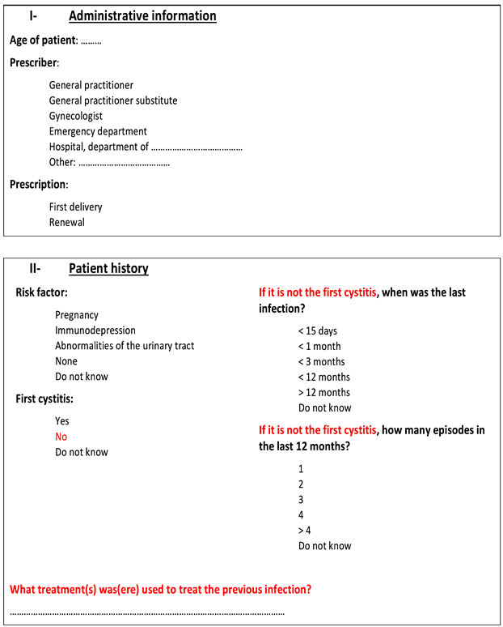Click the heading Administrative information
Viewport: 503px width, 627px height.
(x=142, y=15)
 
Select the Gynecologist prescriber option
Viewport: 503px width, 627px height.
(x=75, y=116)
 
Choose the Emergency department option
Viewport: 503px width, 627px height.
(x=98, y=131)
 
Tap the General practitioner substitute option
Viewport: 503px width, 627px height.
(x=113, y=100)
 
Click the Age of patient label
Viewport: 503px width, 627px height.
(x=44, y=40)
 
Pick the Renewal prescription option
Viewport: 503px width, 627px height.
(x=66, y=222)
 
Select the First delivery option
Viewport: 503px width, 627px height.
(x=75, y=207)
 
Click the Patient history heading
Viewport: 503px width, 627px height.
(x=108, y=269)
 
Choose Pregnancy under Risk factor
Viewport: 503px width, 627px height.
(x=77, y=315)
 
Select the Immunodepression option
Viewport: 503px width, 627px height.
(x=95, y=331)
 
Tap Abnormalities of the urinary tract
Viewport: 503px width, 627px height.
(x=125, y=346)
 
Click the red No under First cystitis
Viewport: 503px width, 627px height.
(x=61, y=437)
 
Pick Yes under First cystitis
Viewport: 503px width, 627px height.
(x=62, y=421)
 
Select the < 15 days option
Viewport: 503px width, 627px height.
(x=318, y=331)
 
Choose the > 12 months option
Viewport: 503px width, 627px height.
(x=323, y=392)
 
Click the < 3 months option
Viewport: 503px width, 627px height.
(x=321, y=361)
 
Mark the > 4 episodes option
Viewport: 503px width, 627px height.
(x=304, y=530)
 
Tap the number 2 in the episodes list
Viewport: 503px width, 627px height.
(x=301, y=484)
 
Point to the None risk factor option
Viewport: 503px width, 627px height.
(x=67, y=361)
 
